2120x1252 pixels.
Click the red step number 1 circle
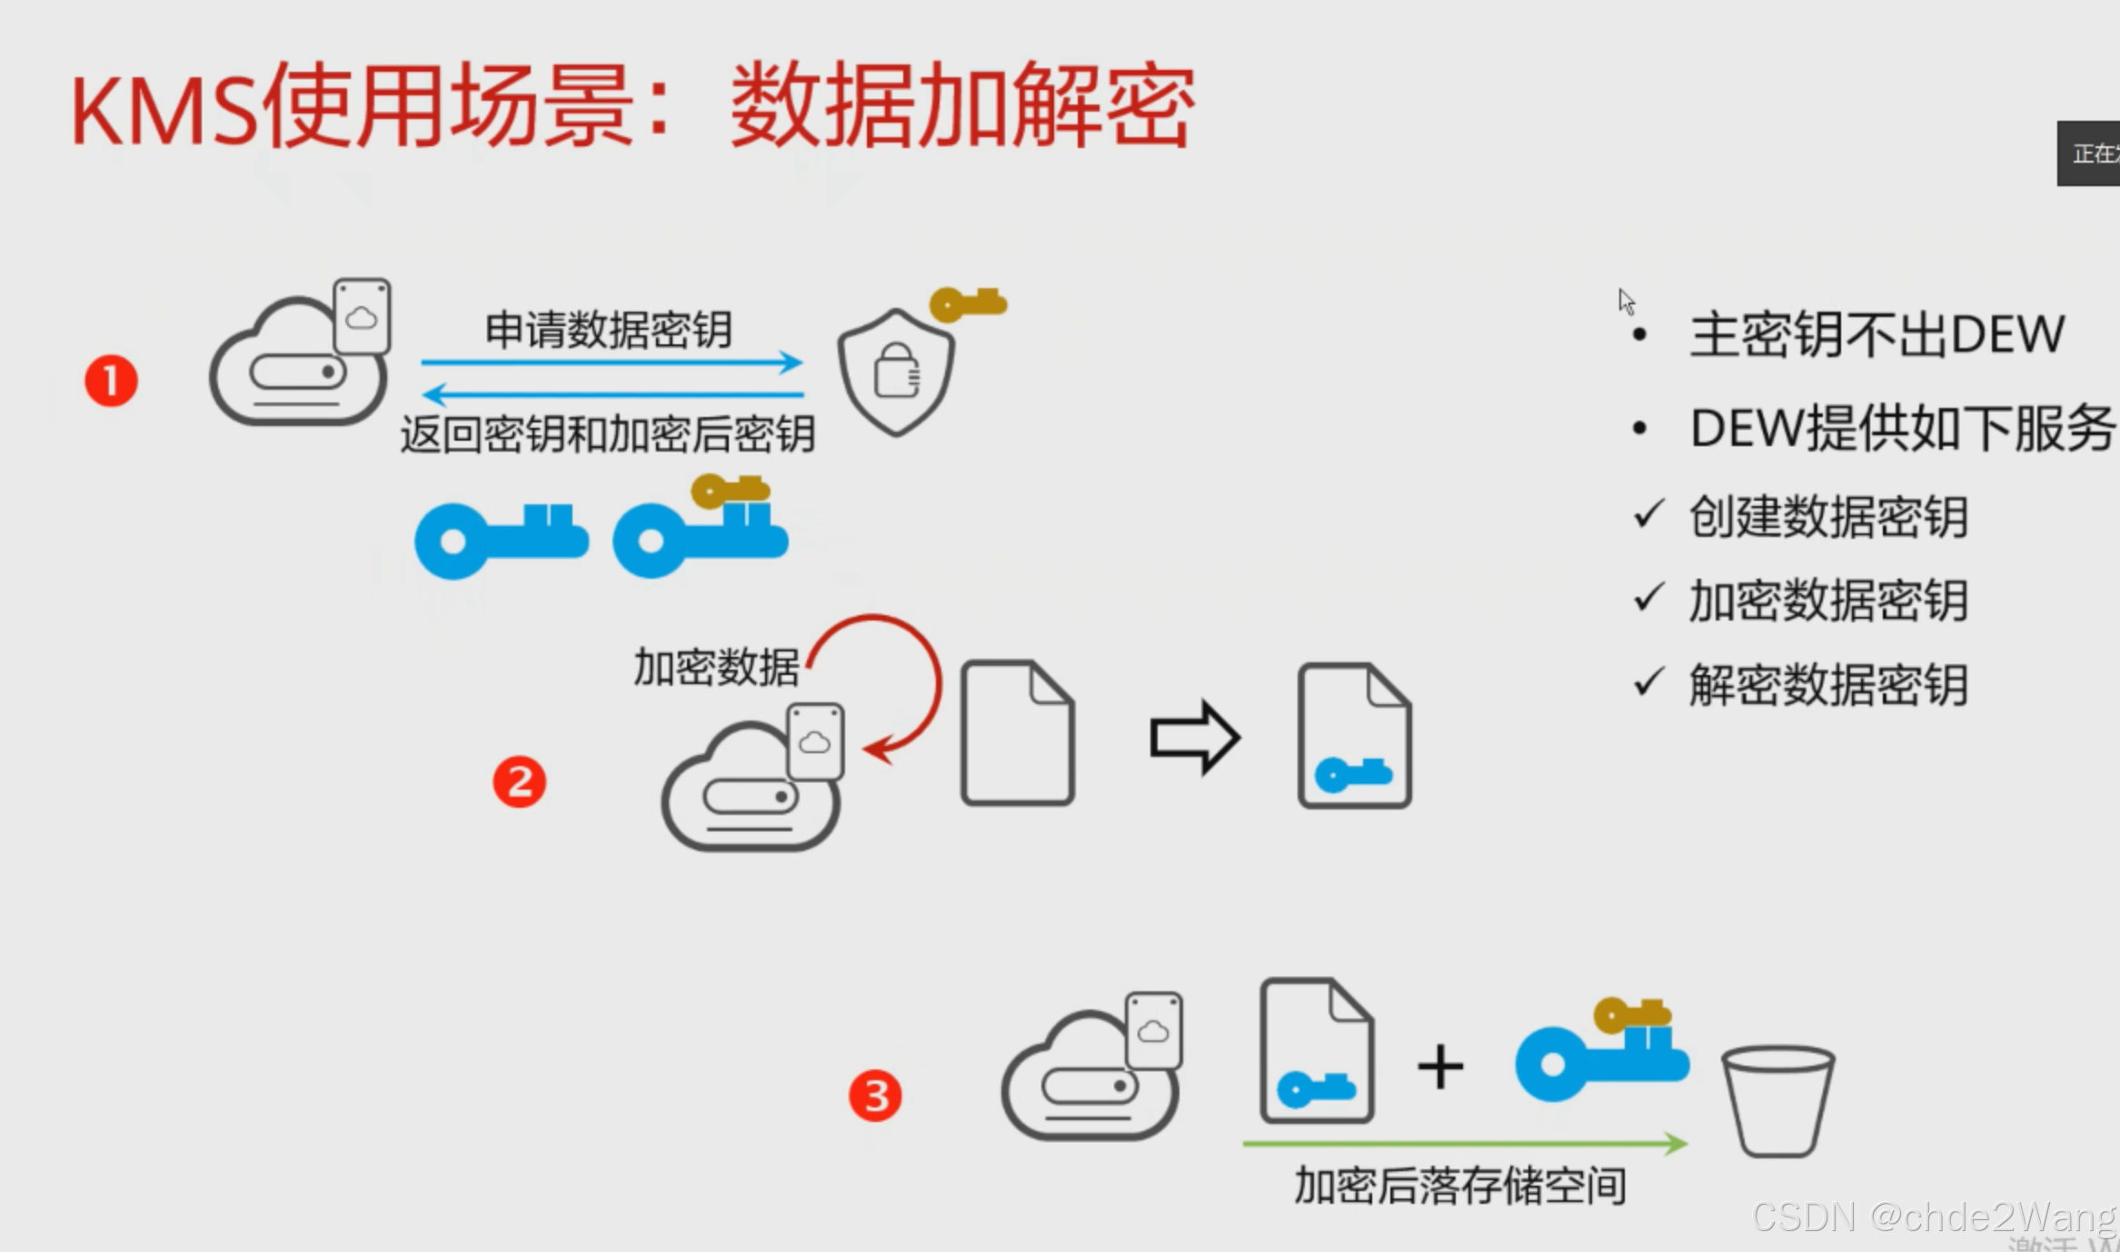(111, 381)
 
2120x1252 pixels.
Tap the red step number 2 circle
(519, 782)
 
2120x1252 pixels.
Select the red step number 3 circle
(875, 1096)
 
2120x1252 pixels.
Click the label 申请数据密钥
(609, 329)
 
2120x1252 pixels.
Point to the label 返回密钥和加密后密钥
(607, 434)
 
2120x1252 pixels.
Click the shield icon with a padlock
(896, 371)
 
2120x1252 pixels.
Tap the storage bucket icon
(1777, 1100)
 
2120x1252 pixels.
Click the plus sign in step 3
(1440, 1066)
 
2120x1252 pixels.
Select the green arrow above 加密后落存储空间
(1464, 1143)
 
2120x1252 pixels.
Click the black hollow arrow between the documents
(1194, 737)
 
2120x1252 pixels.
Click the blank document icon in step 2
(1018, 733)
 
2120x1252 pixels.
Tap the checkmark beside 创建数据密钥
(1648, 514)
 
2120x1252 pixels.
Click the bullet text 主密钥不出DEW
(1876, 334)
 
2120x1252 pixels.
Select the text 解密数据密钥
(1828, 685)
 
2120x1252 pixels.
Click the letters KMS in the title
(164, 112)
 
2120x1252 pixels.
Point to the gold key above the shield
(968, 303)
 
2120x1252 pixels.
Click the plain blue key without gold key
(501, 540)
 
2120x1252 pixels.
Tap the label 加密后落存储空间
(1460, 1186)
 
